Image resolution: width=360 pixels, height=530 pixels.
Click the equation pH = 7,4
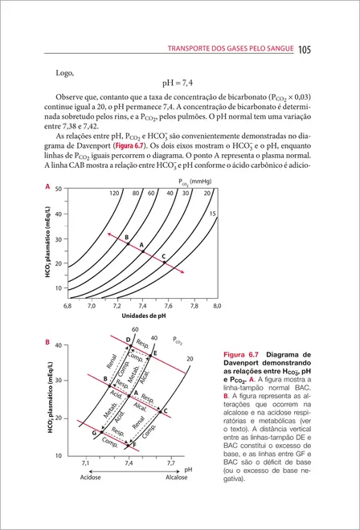[180, 83]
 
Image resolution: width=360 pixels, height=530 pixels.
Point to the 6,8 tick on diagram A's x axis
[67, 306]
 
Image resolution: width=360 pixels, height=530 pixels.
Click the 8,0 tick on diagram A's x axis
[217, 306]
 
